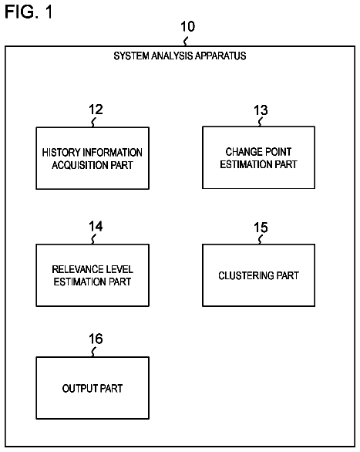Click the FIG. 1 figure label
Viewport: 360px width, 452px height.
point(29,12)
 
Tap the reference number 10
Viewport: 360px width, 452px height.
point(187,26)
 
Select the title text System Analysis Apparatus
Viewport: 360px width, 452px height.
point(180,56)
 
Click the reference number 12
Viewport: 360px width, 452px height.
point(96,110)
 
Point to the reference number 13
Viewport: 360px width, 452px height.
point(261,110)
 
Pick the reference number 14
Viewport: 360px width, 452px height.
point(96,226)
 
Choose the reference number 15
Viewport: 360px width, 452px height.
point(261,228)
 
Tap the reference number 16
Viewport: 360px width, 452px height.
point(96,339)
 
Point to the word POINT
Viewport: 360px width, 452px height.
point(278,152)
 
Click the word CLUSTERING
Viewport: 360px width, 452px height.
point(246,275)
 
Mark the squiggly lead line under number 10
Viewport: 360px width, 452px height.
point(186,41)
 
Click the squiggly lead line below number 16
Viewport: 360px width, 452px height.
point(93,352)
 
